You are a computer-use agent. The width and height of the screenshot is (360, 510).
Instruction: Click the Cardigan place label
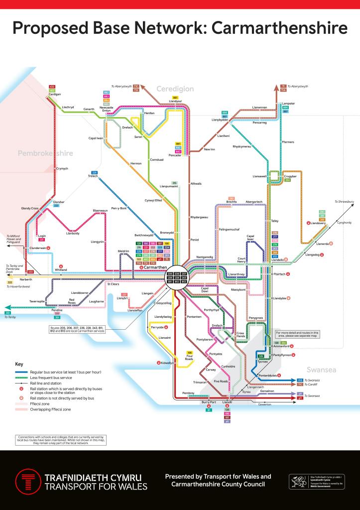[x=54, y=95]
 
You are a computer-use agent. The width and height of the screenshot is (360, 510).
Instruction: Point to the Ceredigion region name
[x=175, y=89]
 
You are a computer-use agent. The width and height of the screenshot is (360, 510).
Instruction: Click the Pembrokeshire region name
[x=45, y=153]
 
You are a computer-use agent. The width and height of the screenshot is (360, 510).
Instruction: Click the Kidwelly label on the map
[x=166, y=363]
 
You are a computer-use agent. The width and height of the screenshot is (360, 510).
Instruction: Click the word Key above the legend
[x=19, y=364]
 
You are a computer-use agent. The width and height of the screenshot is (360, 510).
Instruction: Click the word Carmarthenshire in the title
[x=280, y=28]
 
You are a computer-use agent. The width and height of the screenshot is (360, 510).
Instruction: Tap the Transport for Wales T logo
[x=28, y=481]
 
